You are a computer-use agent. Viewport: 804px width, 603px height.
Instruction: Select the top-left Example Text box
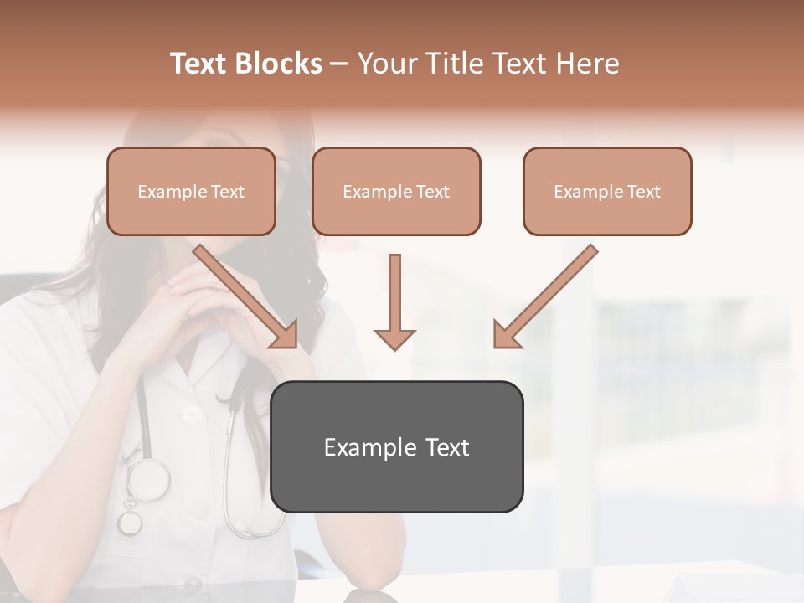(191, 191)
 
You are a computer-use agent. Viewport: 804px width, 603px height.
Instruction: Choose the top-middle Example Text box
(396, 191)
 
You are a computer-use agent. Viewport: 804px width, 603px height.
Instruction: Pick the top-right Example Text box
(607, 191)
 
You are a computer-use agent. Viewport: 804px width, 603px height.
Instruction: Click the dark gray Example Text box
(396, 446)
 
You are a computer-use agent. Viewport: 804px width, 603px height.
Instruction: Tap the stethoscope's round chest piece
(148, 480)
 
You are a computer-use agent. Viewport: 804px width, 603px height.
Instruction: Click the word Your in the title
(386, 64)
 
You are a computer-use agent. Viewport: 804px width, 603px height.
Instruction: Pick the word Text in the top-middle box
(433, 192)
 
